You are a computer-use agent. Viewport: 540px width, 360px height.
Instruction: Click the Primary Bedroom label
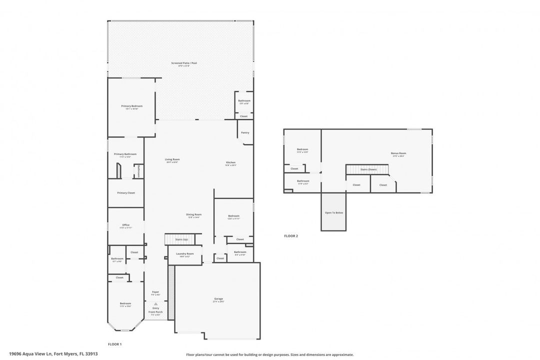tap(131, 106)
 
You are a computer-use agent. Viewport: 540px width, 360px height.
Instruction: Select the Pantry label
tap(244, 132)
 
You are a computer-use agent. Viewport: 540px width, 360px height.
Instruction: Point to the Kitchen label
tap(230, 162)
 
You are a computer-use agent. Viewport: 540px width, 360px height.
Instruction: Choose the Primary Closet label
tap(126, 192)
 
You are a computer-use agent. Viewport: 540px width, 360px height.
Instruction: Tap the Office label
tap(126, 225)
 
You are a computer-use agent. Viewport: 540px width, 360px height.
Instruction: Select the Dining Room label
tap(194, 214)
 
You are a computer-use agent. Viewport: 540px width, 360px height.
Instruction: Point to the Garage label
tap(218, 299)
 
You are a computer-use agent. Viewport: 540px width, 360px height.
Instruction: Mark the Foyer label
tap(155, 292)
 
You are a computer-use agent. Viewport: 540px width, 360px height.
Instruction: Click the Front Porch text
tap(155, 312)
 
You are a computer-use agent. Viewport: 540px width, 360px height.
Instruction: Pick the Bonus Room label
tap(398, 153)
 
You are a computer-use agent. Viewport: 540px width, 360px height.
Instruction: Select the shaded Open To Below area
tap(333, 212)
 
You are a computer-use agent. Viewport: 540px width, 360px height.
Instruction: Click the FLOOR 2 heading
tap(291, 235)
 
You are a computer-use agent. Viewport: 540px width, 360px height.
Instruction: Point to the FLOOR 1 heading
tap(115, 344)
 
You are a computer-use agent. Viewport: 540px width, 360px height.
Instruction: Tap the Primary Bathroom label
tap(125, 154)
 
